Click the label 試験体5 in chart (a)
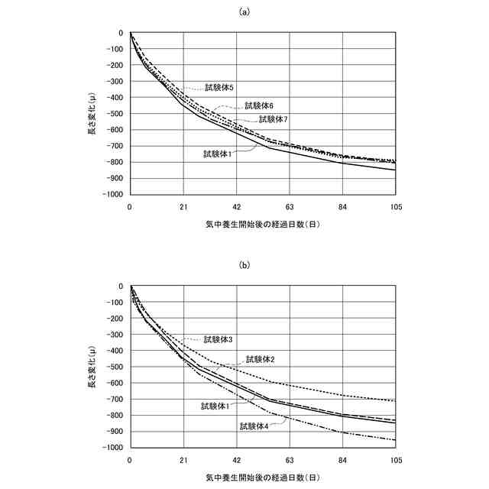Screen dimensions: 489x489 coord(219,88)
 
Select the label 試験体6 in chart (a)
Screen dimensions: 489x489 coord(259,105)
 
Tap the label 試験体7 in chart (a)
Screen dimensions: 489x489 coord(273,119)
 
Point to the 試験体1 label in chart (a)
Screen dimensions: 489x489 coord(218,154)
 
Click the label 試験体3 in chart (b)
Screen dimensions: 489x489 coord(219,339)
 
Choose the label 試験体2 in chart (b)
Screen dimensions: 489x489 coord(260,359)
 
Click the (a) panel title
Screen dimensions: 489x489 coord(244,11)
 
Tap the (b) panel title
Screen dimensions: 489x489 coord(244,265)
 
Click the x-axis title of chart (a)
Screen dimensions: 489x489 coord(262,225)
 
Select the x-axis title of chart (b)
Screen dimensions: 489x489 coord(262,478)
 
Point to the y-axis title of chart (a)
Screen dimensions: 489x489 coord(92,113)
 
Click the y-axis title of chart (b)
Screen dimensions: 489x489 coord(92,367)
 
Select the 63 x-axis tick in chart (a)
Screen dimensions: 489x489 coord(290,207)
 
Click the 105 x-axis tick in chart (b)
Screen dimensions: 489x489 coord(396,461)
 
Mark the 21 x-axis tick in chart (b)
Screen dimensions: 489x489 coord(183,461)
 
